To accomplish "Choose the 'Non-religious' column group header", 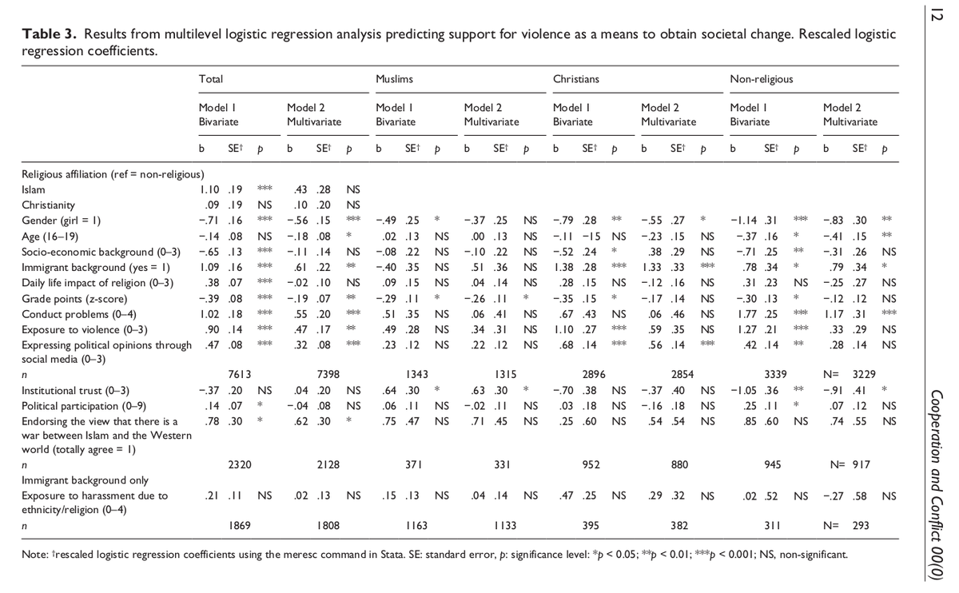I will point(761,80).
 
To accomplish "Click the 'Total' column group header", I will point(210,80).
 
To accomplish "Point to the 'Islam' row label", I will point(34,189).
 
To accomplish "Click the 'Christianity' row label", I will point(46,205).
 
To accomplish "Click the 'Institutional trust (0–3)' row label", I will point(75,391).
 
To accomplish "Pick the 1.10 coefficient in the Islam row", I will point(208,189).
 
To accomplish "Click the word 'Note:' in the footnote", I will point(34,553).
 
